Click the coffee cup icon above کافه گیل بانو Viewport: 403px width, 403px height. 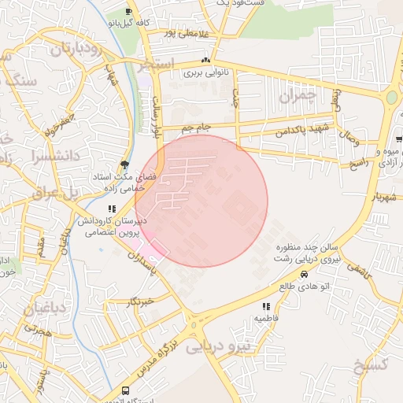[129, 11]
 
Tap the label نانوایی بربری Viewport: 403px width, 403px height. [205, 72]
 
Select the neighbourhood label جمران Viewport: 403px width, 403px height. [296, 98]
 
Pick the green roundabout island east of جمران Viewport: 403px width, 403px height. [391, 98]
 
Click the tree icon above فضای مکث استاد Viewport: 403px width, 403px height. [125, 165]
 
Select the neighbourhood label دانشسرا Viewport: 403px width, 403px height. [54, 156]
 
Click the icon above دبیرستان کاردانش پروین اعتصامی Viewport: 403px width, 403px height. [112, 209]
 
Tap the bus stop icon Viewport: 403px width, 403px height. [125, 391]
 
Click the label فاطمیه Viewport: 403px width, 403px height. [266, 317]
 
